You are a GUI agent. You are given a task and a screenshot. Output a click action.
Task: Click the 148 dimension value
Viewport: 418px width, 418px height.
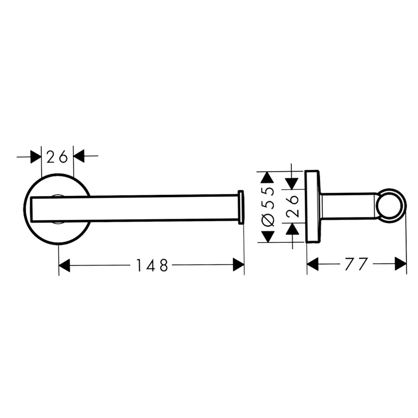(152, 265)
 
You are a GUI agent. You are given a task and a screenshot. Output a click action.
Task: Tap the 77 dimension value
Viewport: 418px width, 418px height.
(357, 264)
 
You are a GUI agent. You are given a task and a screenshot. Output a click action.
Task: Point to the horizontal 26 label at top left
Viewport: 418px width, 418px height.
(57, 157)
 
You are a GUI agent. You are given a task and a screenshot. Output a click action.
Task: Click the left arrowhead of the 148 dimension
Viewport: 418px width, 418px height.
(64, 265)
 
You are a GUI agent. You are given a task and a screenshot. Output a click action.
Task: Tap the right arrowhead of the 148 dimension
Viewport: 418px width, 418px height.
(239, 265)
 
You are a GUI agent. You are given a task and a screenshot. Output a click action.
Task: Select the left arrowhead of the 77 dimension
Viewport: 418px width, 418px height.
(313, 264)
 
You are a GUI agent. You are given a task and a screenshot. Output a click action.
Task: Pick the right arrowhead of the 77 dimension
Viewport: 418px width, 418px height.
(401, 264)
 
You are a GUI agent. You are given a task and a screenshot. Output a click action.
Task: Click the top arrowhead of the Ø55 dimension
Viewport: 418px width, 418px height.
(268, 177)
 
